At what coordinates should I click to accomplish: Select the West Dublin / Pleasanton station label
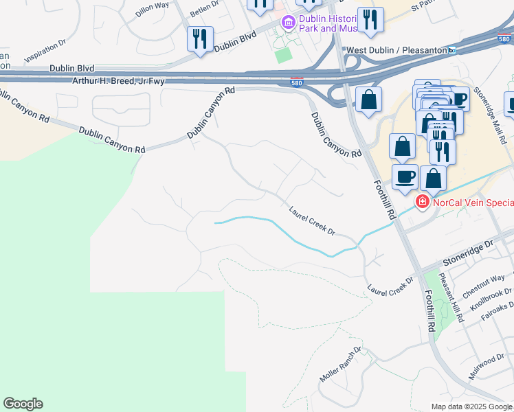[396, 50]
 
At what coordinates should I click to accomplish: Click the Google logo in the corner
[23, 404]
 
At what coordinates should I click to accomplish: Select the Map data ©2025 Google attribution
[472, 407]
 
